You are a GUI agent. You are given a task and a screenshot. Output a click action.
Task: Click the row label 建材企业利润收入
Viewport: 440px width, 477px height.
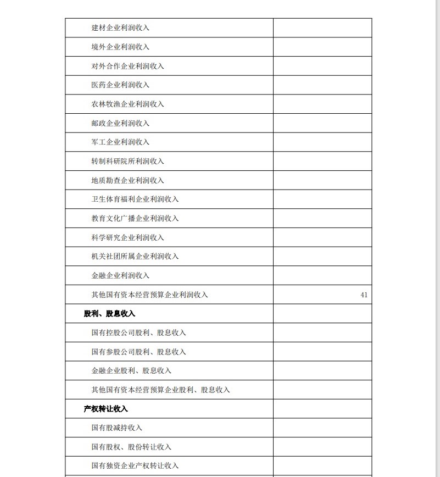click(120, 28)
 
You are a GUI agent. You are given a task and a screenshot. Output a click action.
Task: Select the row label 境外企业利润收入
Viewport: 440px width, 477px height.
click(120, 47)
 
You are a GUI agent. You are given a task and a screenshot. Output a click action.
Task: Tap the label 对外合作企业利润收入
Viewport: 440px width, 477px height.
click(127, 66)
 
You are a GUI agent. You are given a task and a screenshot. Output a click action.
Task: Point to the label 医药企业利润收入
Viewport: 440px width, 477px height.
click(120, 85)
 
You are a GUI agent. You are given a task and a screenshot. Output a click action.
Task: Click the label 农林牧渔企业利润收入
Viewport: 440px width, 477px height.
click(127, 104)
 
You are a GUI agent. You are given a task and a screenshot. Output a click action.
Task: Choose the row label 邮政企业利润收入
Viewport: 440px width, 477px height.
click(120, 123)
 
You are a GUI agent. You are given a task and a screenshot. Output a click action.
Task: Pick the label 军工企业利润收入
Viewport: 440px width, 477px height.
click(120, 142)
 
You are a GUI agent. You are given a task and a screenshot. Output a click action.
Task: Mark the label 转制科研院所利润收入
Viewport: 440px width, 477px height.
click(127, 162)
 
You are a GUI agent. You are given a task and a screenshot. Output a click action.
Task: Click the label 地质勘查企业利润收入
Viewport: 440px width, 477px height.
click(127, 180)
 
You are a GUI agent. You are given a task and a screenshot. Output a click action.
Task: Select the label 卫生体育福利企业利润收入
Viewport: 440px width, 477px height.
click(135, 199)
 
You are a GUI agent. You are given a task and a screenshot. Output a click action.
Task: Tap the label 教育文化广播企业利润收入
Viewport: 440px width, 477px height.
click(135, 219)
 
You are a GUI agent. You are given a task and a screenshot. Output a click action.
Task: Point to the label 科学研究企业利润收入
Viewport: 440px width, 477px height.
click(127, 237)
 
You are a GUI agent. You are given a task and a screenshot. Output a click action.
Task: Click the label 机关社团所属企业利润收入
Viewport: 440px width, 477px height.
click(135, 257)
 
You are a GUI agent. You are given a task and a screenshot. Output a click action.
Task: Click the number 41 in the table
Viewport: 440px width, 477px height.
click(364, 295)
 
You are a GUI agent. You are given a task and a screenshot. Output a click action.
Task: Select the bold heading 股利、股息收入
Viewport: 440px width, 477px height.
click(109, 314)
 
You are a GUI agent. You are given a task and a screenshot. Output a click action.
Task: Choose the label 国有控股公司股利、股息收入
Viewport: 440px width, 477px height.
click(138, 333)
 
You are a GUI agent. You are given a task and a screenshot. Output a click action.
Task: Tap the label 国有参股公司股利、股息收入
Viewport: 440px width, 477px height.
click(138, 352)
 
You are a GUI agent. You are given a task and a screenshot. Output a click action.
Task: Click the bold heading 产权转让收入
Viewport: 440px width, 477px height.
click(105, 409)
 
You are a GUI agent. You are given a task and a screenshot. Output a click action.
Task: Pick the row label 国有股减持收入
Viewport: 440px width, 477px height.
click(116, 428)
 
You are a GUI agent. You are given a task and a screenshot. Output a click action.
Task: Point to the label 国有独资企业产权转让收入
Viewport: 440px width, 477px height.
click(135, 466)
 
